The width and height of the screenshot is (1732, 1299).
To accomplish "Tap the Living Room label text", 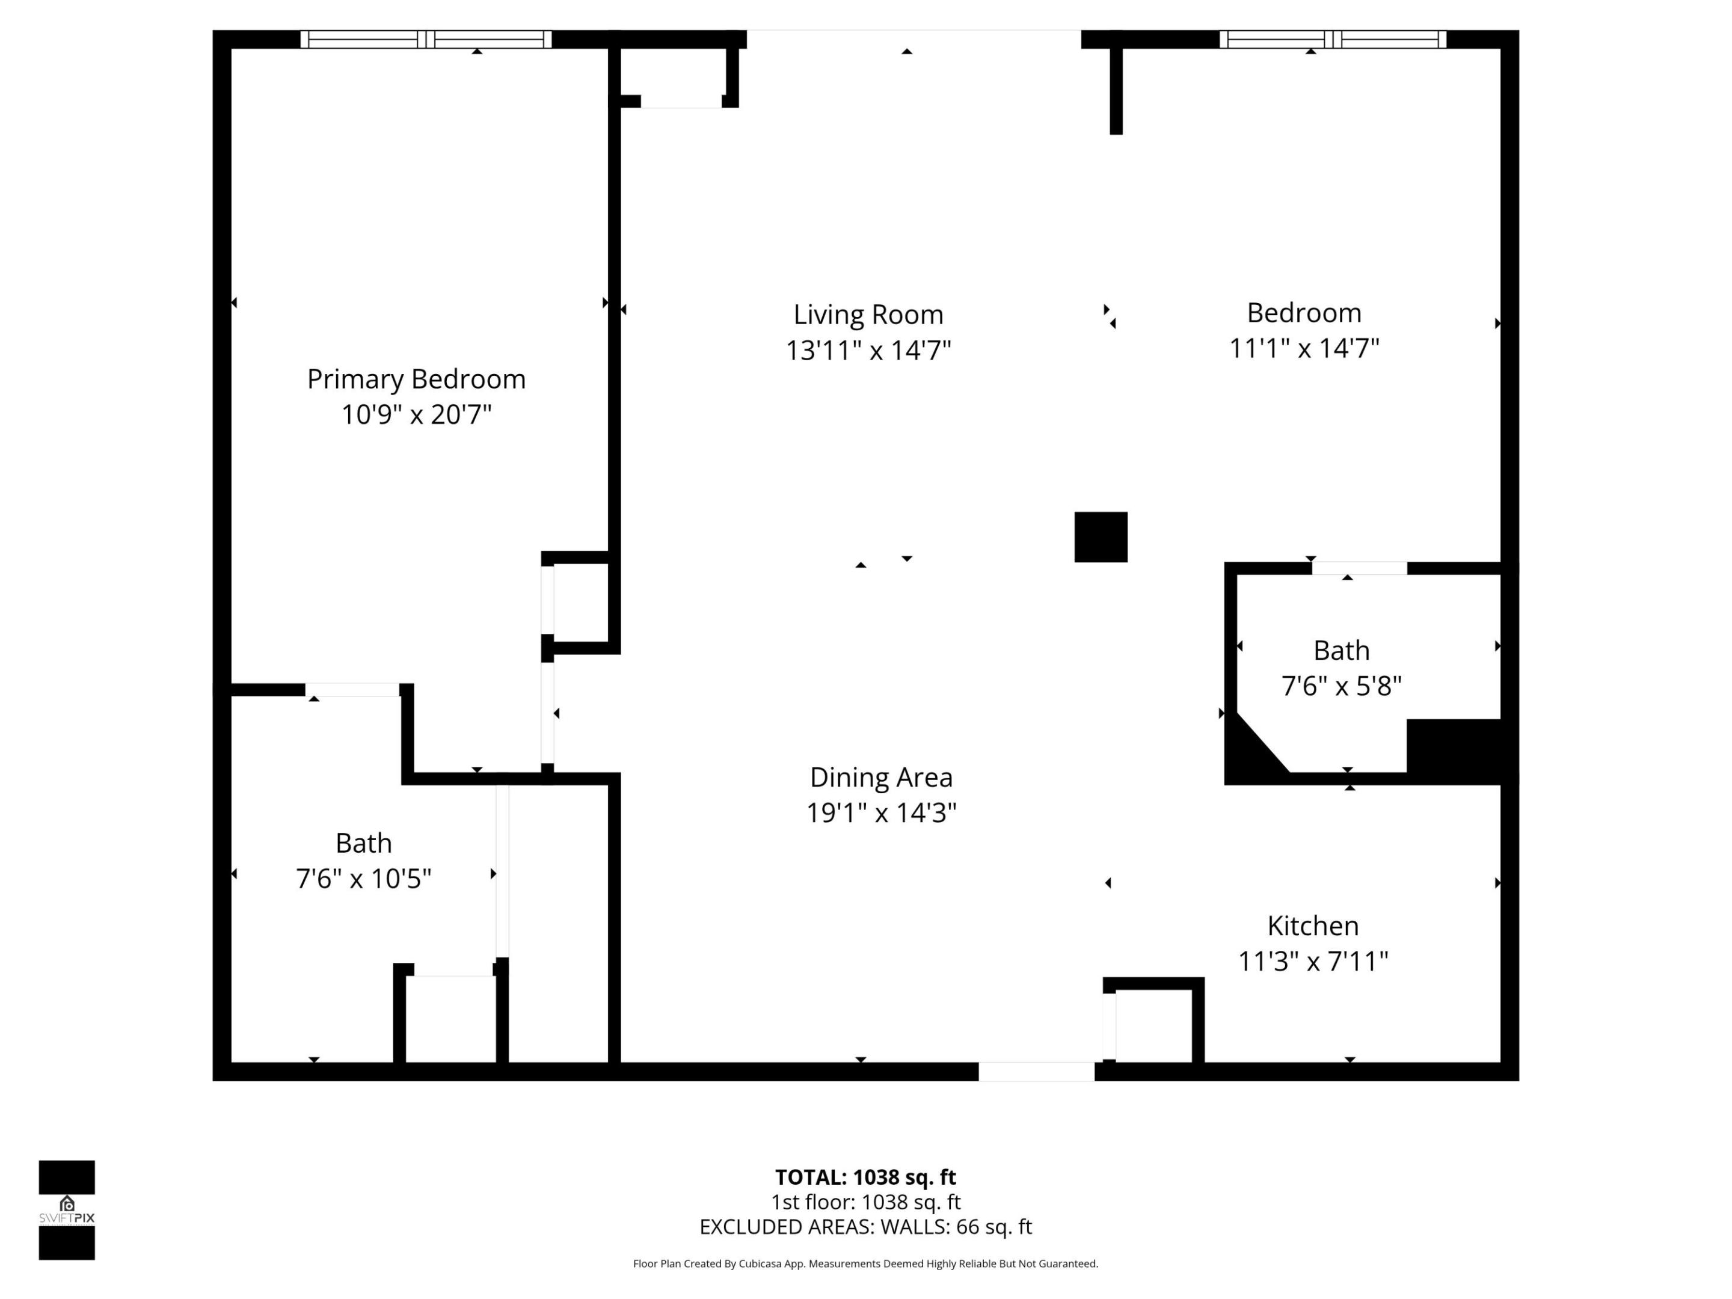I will (868, 315).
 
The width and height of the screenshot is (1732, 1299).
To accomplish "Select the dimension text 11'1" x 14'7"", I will (1304, 348).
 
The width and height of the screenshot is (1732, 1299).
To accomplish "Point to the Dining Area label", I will (881, 778).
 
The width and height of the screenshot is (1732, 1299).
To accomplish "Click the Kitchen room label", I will (1312, 926).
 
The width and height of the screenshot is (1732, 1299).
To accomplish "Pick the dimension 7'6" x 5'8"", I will (1340, 686).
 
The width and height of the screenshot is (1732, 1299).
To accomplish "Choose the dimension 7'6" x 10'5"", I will (363, 879).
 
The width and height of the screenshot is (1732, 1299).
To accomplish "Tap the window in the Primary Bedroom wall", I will (426, 39).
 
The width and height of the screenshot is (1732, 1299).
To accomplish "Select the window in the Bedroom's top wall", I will (1333, 39).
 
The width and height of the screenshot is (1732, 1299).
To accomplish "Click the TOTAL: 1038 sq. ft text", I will (865, 1178).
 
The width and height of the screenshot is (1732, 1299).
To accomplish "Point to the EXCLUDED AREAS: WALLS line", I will (865, 1227).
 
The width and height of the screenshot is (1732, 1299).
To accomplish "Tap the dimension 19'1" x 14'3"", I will (881, 812).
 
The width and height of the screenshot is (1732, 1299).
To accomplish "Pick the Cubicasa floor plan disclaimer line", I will (865, 1264).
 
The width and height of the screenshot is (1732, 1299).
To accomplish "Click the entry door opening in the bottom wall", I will (1036, 1071).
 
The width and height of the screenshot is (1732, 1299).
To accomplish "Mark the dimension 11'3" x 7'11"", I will (1312, 961).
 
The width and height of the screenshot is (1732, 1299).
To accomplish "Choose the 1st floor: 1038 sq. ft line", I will (865, 1202).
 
